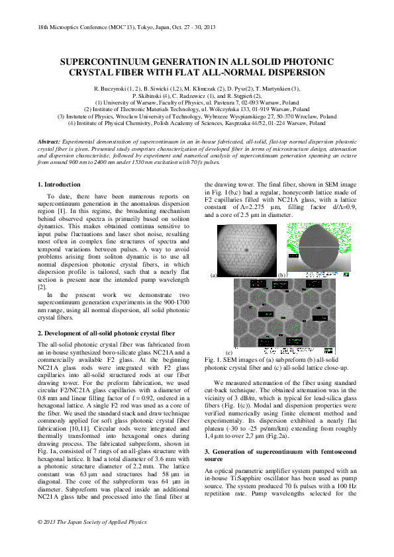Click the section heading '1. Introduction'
tap(59, 185)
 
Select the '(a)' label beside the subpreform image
tap(214, 275)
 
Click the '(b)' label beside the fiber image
tap(282, 275)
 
